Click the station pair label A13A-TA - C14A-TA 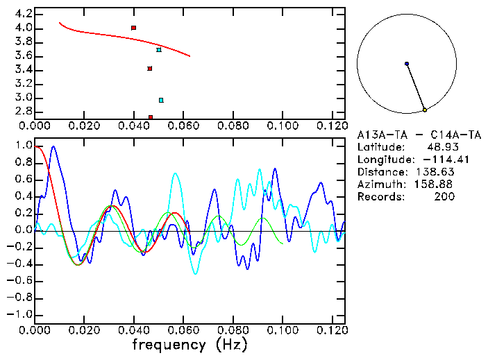click(419, 135)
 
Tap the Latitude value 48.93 click(442, 148)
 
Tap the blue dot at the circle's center click(407, 64)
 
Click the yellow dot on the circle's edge click(425, 110)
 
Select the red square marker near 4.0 click(134, 28)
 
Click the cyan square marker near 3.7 click(159, 50)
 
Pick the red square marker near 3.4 click(150, 69)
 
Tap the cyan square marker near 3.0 click(161, 101)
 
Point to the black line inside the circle click(416, 87)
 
